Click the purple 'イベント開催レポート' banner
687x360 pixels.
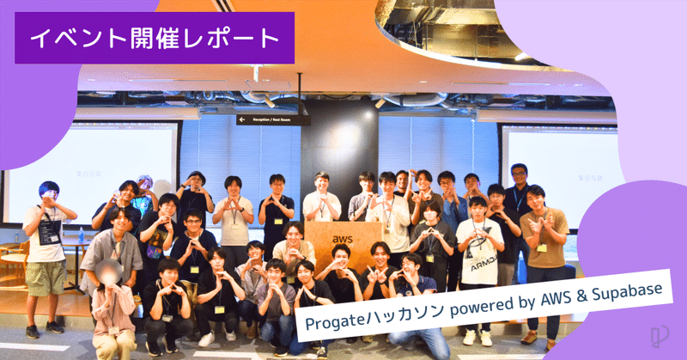tap(155, 38)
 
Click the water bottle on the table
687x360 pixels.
tap(81, 233)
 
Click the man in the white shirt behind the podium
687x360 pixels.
tap(321, 202)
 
